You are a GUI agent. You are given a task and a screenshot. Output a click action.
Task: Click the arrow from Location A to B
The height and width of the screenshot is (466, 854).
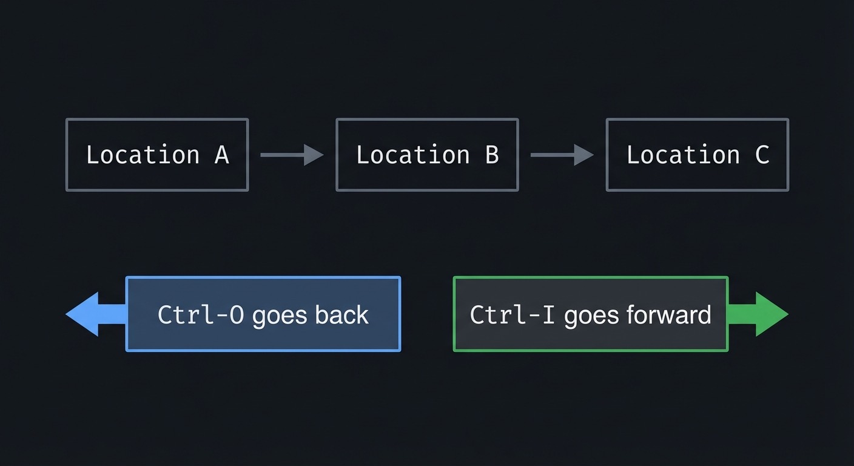[292, 155]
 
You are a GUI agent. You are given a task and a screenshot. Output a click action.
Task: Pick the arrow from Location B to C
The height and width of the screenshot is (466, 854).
[562, 155]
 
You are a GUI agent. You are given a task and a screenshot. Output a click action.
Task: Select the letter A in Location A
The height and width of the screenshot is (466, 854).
[222, 155]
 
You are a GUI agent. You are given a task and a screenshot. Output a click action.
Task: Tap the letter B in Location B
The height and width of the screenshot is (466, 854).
[492, 155]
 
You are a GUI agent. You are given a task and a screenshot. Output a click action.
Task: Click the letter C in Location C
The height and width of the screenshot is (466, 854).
[762, 155]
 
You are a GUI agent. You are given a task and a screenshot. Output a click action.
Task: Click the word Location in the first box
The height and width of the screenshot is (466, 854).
[143, 155]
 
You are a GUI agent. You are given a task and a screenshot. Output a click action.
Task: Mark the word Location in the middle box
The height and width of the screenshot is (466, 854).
[413, 155]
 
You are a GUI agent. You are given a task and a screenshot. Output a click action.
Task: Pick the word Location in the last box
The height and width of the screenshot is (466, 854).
[684, 155]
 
